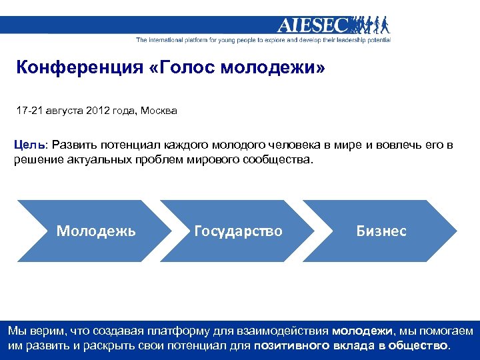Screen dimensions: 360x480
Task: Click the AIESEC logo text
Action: coord(313,25)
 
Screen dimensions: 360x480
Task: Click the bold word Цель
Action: coord(30,145)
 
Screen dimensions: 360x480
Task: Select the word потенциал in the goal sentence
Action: coord(131,145)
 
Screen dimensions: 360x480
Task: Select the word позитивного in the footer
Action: coord(291,345)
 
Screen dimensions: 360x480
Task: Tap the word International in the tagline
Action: coord(165,40)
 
